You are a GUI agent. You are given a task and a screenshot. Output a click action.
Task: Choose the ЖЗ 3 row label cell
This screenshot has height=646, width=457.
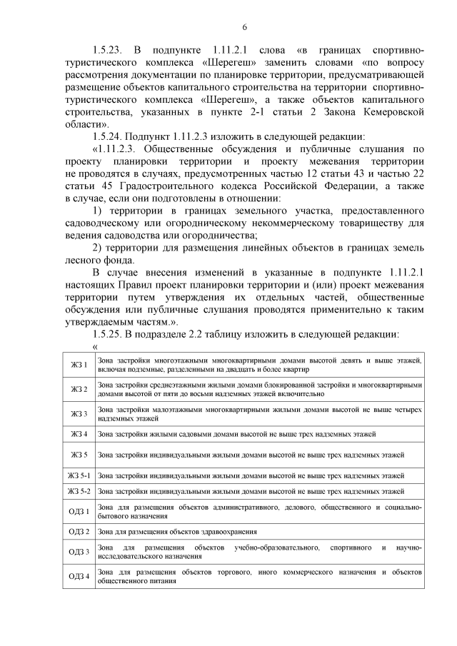click(x=79, y=414)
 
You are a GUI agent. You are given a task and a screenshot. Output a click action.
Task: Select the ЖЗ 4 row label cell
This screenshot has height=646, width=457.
click(x=79, y=434)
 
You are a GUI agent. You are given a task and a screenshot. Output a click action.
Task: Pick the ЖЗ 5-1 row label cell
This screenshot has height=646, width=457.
click(x=79, y=475)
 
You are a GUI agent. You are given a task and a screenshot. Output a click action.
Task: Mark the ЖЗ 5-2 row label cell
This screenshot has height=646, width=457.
click(x=79, y=491)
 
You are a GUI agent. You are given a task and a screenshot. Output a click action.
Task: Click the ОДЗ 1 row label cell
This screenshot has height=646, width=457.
click(x=79, y=512)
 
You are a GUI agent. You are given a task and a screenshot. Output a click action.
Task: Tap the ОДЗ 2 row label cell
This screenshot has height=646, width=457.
click(x=79, y=532)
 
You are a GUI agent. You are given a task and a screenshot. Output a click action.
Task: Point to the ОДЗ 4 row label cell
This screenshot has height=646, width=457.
click(x=79, y=576)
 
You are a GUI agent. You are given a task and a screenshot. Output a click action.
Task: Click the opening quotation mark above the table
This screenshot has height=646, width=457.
click(x=95, y=346)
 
